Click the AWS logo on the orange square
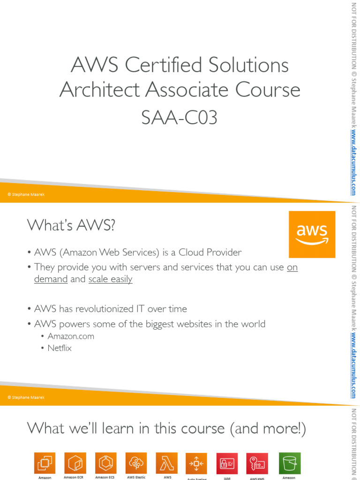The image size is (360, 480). [312, 234]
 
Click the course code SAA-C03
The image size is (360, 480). [180, 118]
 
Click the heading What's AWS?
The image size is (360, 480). [71, 225]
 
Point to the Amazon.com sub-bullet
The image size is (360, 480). [70, 336]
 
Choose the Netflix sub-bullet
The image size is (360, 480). [59, 348]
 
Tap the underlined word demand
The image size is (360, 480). [51, 279]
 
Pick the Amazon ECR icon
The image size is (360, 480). [75, 463]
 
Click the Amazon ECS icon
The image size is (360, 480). [105, 463]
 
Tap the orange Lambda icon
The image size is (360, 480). [166, 463]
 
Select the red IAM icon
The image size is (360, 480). [227, 464]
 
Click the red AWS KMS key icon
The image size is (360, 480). [257, 464]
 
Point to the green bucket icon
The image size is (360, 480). [290, 463]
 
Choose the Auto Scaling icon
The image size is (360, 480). [196, 464]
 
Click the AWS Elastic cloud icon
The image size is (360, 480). [136, 463]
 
